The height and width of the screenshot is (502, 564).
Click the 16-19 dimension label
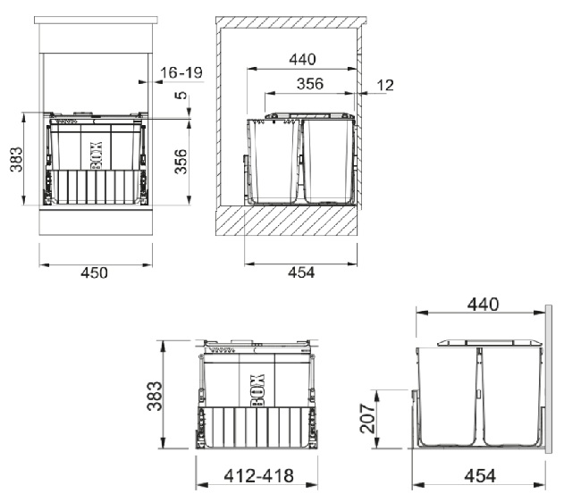[181, 73]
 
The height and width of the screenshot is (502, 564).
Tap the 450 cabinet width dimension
[94, 272]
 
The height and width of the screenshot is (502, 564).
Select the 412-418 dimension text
[258, 476]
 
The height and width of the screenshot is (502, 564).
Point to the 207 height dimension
[367, 418]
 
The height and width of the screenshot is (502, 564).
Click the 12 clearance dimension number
[385, 85]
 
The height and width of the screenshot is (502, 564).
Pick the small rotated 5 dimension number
[181, 96]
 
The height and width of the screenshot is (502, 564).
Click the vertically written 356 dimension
[181, 162]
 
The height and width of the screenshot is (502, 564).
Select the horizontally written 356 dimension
[310, 84]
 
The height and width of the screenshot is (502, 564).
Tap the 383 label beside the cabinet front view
[16, 159]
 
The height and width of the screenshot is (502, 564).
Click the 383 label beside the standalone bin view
[155, 396]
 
